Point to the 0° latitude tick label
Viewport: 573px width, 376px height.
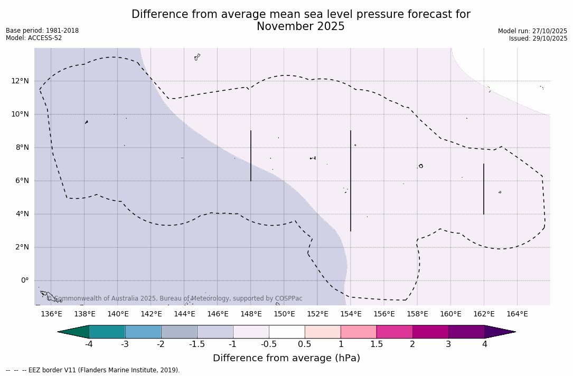(25, 281)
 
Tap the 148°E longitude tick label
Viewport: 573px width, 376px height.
(251, 314)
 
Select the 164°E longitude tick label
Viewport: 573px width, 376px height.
(517, 314)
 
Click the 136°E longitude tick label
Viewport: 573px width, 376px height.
(51, 314)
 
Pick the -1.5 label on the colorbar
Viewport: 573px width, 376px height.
(197, 344)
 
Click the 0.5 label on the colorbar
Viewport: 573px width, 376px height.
(305, 344)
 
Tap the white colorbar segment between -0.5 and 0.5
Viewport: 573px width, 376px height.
(287, 332)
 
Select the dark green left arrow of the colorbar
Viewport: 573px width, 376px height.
(74, 332)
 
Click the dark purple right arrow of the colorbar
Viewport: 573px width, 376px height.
(499, 332)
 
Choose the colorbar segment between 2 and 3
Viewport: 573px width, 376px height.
(430, 332)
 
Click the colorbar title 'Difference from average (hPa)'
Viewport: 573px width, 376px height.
(286, 359)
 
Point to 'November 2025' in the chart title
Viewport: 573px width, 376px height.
(300, 27)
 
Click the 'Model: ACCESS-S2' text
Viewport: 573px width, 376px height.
(34, 38)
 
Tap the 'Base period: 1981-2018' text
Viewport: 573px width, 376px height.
(42, 31)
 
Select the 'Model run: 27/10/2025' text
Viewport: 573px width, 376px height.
(532, 31)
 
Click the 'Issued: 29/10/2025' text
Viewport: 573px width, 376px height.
(538, 38)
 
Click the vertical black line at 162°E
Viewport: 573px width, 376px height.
(483, 189)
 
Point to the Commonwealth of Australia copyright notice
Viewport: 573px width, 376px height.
(175, 298)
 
